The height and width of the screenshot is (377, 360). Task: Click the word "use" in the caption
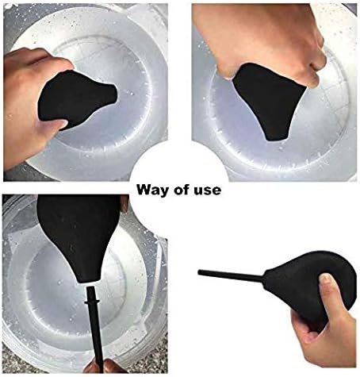point(208,191)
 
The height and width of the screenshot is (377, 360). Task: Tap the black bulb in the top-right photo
point(268,101)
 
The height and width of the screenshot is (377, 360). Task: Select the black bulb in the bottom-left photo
point(79,236)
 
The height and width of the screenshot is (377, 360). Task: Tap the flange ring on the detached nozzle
point(92,302)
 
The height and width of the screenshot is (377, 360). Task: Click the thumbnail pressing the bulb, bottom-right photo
point(325,279)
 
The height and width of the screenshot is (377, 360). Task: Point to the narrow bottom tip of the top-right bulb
point(276,137)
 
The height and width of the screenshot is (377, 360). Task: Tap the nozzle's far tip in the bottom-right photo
point(199,272)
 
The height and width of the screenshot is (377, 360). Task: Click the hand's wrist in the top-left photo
point(13,148)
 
